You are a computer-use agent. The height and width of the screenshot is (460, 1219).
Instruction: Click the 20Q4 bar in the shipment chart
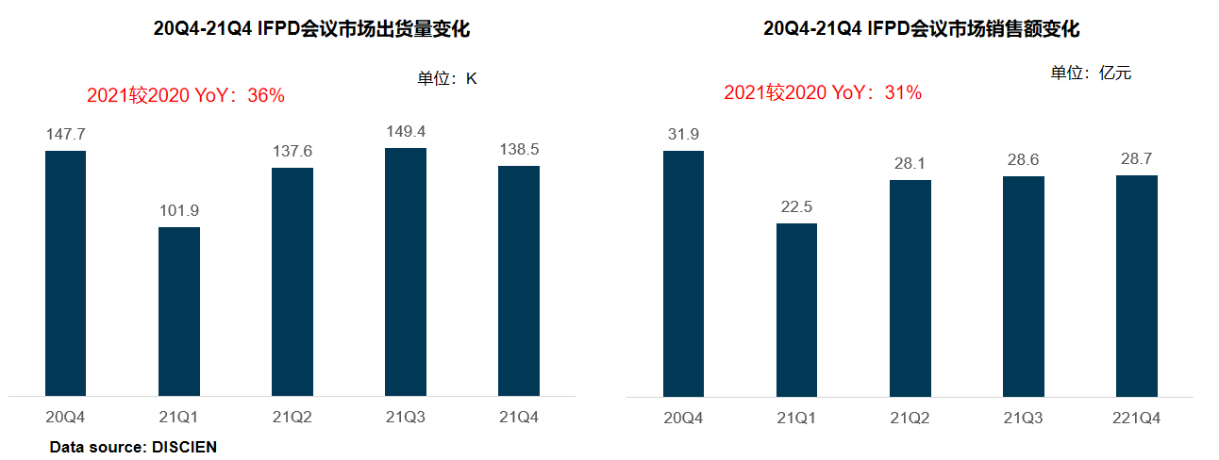coord(65,273)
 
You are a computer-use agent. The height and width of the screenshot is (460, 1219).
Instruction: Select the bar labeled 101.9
coord(179,312)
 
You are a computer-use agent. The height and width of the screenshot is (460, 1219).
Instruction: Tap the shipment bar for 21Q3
coord(406,271)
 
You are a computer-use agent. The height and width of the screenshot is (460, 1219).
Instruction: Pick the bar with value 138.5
coord(519,281)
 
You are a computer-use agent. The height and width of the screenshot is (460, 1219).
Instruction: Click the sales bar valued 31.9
coord(683,274)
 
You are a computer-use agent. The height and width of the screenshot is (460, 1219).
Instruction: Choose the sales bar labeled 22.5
coord(796,310)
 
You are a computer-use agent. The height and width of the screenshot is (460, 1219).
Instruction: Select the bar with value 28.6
coord(1023,287)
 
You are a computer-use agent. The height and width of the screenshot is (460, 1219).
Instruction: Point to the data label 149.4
coord(406,131)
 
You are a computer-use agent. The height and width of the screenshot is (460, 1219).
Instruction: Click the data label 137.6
coord(292,151)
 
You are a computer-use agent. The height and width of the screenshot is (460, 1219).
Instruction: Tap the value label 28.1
coord(910,163)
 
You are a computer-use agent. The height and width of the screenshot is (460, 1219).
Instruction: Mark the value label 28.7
coord(1136,158)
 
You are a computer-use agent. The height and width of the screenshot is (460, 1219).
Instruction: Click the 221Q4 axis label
coord(1136,418)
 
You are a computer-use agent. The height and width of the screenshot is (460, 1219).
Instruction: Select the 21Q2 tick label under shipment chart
coord(292,417)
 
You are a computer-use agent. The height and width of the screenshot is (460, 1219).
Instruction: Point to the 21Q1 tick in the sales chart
coord(796,418)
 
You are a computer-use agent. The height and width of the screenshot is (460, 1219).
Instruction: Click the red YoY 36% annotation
coord(186,95)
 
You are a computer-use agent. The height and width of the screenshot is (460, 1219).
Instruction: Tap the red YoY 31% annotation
coord(823,92)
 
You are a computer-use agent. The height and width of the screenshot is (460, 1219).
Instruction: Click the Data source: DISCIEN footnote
coord(133,447)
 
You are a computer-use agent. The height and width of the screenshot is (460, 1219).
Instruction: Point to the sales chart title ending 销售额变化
coord(921,28)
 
